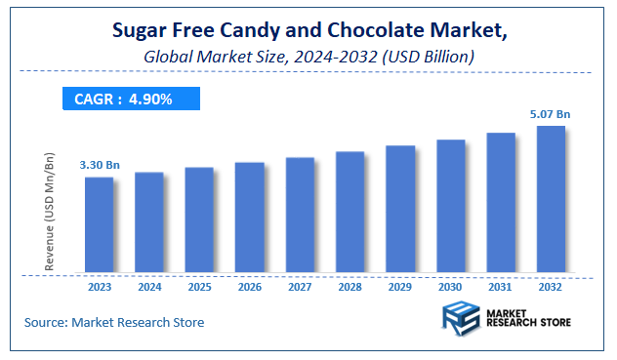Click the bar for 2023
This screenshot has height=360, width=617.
pyautogui.click(x=99, y=223)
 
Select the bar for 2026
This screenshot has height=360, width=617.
pyautogui.click(x=250, y=217)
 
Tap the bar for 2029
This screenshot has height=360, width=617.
pyautogui.click(x=400, y=208)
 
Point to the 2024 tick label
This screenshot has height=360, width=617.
pyautogui.click(x=149, y=288)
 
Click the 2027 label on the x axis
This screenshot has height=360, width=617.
pyautogui.click(x=300, y=288)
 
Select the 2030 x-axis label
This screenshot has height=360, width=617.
pyautogui.click(x=450, y=288)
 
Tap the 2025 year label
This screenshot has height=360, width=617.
pyautogui.click(x=199, y=288)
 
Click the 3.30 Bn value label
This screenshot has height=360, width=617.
pyautogui.click(x=100, y=164)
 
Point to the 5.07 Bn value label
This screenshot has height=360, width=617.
pyautogui.click(x=551, y=113)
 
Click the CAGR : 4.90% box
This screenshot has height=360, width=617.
pyautogui.click(x=132, y=99)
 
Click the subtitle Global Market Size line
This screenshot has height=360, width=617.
pyautogui.click(x=308, y=58)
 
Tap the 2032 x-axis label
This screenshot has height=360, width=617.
pyautogui.click(x=551, y=288)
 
